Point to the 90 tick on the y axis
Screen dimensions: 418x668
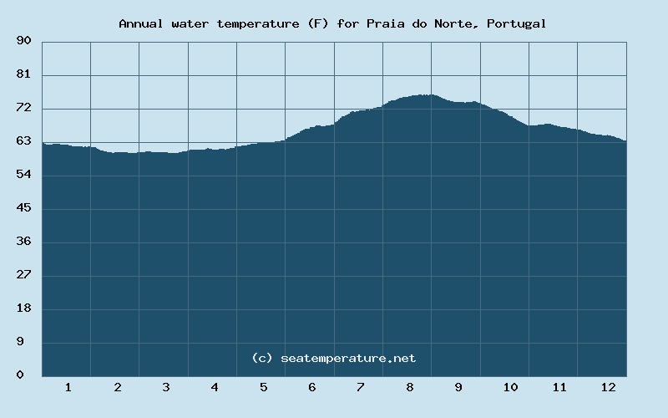[23, 41]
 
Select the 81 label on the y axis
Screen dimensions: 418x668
[23, 74]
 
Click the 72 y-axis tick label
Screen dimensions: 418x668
[23, 108]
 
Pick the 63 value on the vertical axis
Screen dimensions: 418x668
[23, 141]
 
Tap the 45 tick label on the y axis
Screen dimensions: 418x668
[23, 208]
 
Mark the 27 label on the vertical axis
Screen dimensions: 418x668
[23, 275]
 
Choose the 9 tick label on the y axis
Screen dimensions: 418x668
[27, 342]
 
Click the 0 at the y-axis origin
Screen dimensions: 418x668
[27, 375]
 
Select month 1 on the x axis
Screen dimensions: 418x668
[68, 387]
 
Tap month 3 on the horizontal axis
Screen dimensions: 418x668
[165, 387]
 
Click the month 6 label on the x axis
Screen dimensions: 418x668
[311, 387]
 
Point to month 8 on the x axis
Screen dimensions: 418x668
[409, 387]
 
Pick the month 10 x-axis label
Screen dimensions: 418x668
[510, 387]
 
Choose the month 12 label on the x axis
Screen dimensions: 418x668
[608, 387]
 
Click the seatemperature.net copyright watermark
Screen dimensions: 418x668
[334, 358]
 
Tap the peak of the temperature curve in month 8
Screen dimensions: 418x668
[426, 95]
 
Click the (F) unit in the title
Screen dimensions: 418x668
[318, 23]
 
